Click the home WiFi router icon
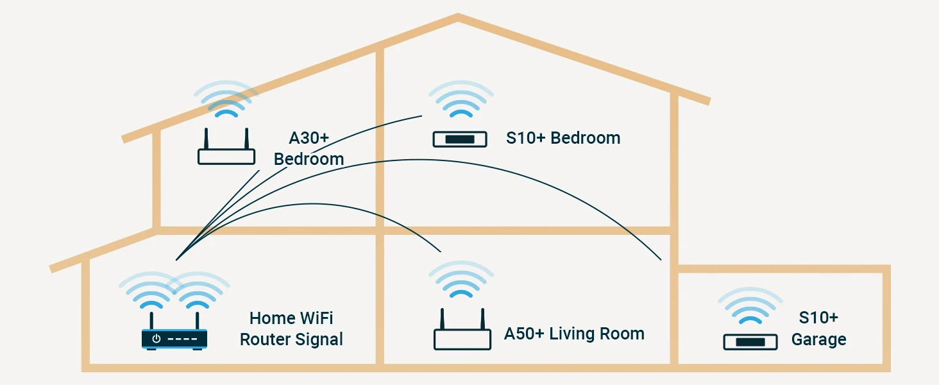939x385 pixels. (174, 338)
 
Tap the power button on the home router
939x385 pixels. (156, 338)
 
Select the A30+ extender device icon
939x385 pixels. (226, 155)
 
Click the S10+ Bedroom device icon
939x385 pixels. (460, 139)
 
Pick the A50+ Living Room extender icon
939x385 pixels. (462, 338)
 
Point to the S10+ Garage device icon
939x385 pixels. (750, 342)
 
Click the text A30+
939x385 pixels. (309, 138)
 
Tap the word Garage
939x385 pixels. (818, 339)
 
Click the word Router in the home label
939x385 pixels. (265, 339)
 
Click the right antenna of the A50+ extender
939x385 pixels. (484, 319)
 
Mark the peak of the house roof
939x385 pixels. (457, 17)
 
